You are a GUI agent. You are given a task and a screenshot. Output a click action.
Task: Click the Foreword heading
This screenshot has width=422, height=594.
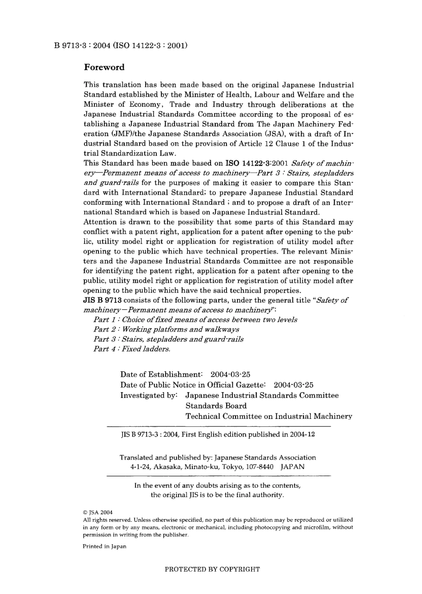click(104, 68)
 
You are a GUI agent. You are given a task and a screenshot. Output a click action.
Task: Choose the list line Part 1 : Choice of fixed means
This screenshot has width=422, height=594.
click(195, 320)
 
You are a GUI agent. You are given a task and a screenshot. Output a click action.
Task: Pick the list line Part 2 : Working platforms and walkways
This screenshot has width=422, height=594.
click(166, 329)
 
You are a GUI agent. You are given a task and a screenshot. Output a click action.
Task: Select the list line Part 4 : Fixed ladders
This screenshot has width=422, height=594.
click(131, 349)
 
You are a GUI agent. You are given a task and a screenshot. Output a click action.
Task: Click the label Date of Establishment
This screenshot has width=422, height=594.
click(161, 374)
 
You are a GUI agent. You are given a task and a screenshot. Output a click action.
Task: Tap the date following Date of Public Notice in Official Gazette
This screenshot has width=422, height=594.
click(293, 385)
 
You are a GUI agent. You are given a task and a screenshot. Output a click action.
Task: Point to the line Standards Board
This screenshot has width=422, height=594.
click(216, 406)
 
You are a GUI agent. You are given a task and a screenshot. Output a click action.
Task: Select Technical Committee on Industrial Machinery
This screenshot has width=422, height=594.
click(268, 417)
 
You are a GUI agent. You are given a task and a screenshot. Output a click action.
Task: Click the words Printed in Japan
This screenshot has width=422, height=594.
click(104, 546)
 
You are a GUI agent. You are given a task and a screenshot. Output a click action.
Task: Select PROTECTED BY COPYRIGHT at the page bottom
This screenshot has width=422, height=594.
click(212, 569)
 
